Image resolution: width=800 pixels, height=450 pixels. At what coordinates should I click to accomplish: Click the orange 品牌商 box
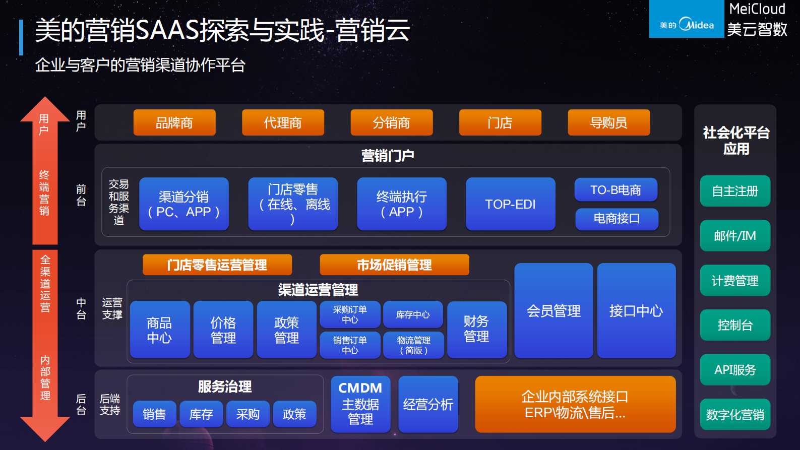(x=174, y=122)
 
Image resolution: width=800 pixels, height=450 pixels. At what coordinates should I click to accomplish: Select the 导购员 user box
(x=608, y=122)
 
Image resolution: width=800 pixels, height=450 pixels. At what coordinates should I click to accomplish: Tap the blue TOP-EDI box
(x=510, y=204)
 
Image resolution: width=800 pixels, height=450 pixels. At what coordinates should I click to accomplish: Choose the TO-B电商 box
(x=616, y=190)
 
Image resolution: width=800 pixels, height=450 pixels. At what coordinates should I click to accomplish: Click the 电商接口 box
(x=617, y=219)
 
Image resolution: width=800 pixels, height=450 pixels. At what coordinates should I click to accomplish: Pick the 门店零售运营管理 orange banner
(x=217, y=265)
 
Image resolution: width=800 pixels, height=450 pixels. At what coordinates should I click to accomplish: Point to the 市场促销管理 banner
(x=394, y=265)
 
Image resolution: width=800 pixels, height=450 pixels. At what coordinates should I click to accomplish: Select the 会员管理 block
(x=553, y=311)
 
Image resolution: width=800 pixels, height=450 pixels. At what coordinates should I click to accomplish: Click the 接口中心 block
(x=636, y=311)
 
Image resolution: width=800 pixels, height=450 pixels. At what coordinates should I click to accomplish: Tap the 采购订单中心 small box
(x=350, y=314)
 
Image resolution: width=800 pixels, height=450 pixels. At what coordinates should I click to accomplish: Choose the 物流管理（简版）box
(x=413, y=345)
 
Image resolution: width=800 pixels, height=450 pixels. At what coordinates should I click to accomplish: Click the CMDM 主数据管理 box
(x=360, y=404)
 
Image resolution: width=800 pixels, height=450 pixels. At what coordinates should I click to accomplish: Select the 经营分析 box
(x=428, y=404)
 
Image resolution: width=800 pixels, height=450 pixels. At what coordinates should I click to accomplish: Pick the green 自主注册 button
(x=735, y=191)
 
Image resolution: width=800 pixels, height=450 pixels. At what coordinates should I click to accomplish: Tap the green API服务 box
(x=735, y=370)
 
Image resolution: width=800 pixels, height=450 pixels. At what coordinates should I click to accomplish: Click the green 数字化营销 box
(x=735, y=415)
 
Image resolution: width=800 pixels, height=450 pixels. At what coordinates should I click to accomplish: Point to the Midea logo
(x=687, y=24)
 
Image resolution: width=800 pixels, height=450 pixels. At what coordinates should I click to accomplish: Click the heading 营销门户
(x=388, y=156)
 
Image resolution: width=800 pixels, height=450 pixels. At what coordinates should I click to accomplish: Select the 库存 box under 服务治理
(x=201, y=414)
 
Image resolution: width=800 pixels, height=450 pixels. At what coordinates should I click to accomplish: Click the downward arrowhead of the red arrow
(x=45, y=428)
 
